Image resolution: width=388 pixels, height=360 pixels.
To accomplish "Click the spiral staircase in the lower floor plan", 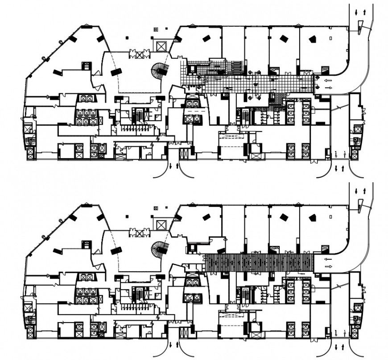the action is pos(159,248).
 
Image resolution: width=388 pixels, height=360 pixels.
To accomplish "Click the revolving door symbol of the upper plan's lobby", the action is pos(140,55).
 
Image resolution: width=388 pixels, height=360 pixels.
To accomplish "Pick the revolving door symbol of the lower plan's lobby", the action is pos(140,233).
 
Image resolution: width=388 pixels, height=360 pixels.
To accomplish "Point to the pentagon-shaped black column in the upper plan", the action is pos(313,39).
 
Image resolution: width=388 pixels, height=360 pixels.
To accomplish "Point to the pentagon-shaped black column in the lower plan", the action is pos(313,218).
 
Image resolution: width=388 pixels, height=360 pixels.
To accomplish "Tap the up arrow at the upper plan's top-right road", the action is pos(364,12).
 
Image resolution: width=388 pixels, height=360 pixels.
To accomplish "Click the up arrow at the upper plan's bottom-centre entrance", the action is pos(178,166).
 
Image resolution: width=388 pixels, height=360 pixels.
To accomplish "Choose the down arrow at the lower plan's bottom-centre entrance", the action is pos(171,344).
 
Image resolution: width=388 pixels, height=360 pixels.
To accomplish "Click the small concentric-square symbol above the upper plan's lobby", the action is pos(156,29).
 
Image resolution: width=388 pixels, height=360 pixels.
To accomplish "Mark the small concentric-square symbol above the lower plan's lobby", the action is pos(156,208).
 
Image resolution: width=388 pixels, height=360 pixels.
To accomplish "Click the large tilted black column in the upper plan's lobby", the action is pos(116,72).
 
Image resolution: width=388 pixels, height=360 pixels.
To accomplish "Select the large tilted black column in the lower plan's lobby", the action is pos(116,250).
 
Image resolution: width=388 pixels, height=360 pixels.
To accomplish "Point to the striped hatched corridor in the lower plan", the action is pos(259,263).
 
